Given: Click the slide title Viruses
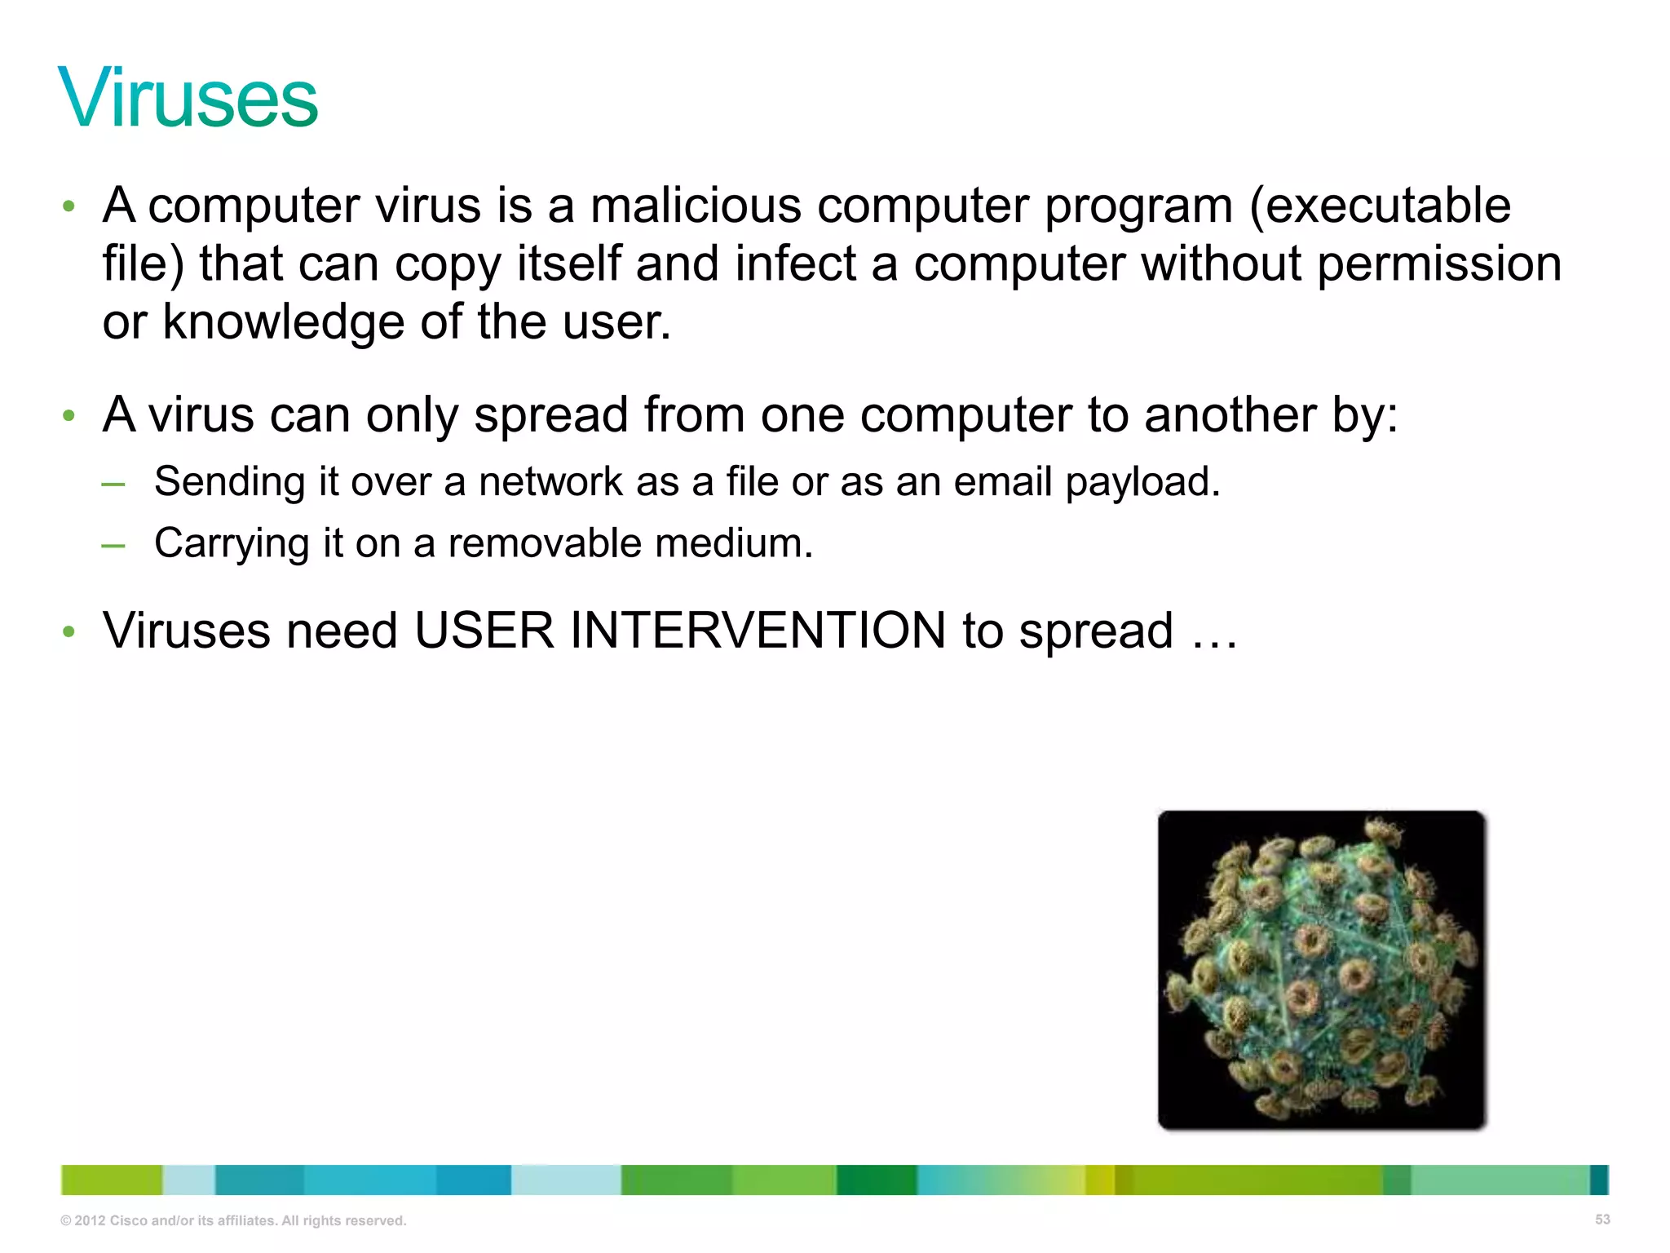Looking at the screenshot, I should [x=188, y=99].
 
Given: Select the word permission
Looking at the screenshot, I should [x=1439, y=265].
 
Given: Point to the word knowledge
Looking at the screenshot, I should [x=283, y=322].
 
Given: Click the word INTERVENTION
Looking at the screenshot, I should [x=758, y=631].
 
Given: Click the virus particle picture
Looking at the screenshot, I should [x=1321, y=970].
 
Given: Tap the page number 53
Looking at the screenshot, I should [x=1602, y=1220].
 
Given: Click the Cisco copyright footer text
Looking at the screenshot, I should [x=233, y=1220].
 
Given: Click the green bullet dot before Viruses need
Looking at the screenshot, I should [x=69, y=631].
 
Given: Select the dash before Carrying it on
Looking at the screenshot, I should [x=113, y=545].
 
